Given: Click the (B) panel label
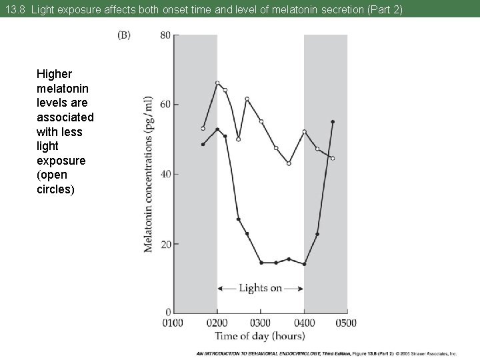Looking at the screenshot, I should pyautogui.click(x=124, y=35).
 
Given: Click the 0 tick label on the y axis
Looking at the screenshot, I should pyautogui.click(x=168, y=312).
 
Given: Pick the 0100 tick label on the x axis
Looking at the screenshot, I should pyautogui.click(x=173, y=323).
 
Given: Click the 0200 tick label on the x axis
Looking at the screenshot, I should pyautogui.click(x=217, y=323).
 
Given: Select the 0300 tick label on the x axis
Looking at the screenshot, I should pyautogui.click(x=261, y=323).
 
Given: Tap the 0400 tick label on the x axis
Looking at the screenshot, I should pyautogui.click(x=304, y=323).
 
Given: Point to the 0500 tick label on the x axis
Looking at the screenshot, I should pyautogui.click(x=346, y=323).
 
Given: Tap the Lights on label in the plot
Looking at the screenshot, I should pyautogui.click(x=260, y=289).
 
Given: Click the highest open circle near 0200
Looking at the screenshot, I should pyautogui.click(x=217, y=83).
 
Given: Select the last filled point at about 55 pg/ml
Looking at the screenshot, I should pyautogui.click(x=333, y=122).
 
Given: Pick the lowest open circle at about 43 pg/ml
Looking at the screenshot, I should pyautogui.click(x=289, y=163).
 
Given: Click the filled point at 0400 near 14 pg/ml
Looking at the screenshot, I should pyautogui.click(x=304, y=264).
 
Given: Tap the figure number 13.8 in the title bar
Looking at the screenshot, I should pyautogui.click(x=15, y=9).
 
